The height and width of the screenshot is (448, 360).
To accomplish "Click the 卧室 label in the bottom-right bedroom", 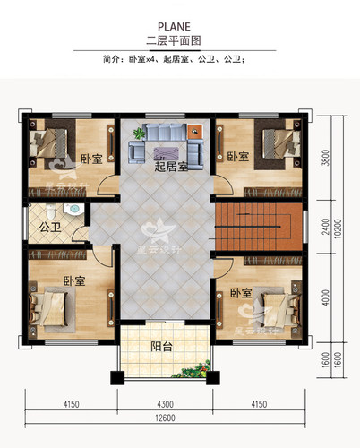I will tap(240, 293).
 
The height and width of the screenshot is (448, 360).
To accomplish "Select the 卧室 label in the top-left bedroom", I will tap(90, 159).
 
